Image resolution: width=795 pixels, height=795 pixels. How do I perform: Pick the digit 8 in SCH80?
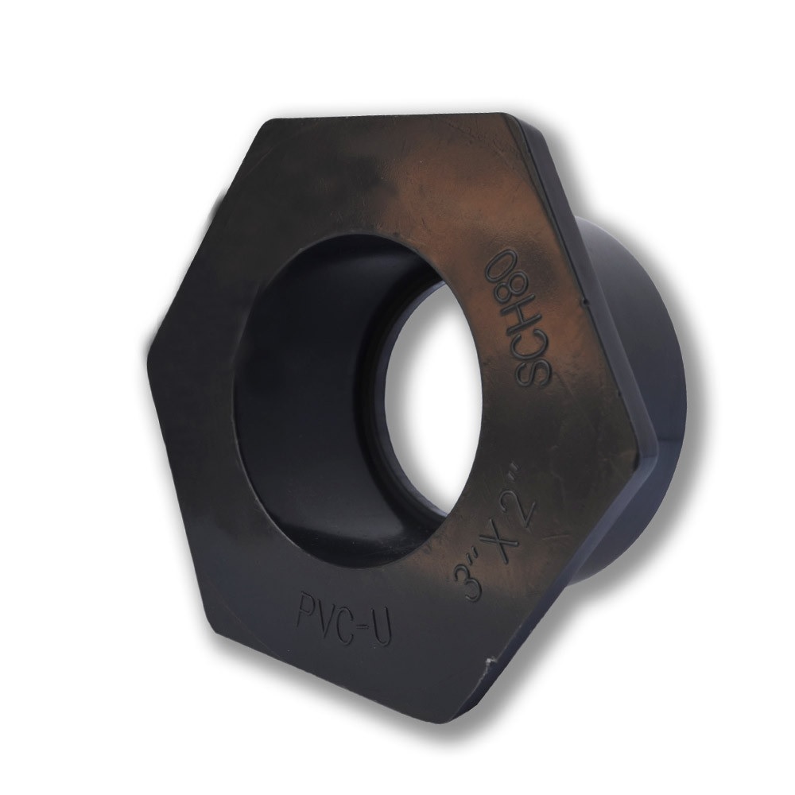(509, 288)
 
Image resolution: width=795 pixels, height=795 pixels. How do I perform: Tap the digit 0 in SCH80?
(504, 261)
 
